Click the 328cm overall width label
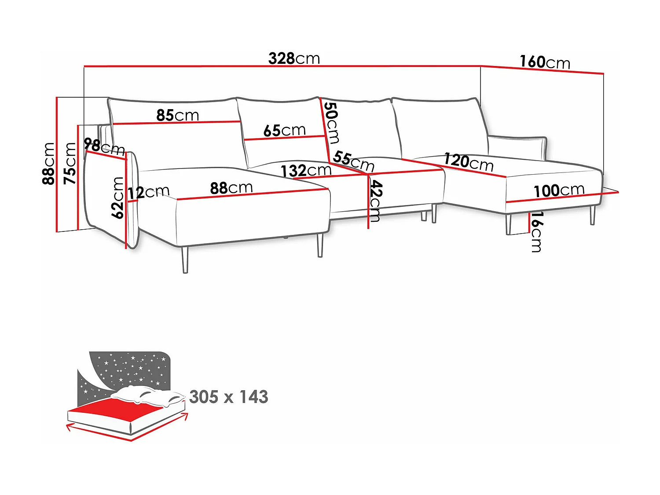coord(294,59)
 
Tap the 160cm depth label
coord(545,62)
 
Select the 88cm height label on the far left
coord(49,163)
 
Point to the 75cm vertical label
coord(70,163)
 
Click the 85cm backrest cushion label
coord(178,115)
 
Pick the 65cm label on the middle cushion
coord(285,130)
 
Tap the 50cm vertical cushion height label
coord(331,123)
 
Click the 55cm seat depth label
coord(353,161)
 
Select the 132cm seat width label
coord(306,171)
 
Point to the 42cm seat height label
coord(375,201)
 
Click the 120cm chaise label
coord(469,162)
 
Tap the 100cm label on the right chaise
coord(559,191)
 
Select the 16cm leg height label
coord(536,231)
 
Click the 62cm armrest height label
coord(118,198)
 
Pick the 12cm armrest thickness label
coord(149,192)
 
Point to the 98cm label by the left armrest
coord(104,146)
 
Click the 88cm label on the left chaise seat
coord(231,188)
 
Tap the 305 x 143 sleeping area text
coord(229,397)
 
